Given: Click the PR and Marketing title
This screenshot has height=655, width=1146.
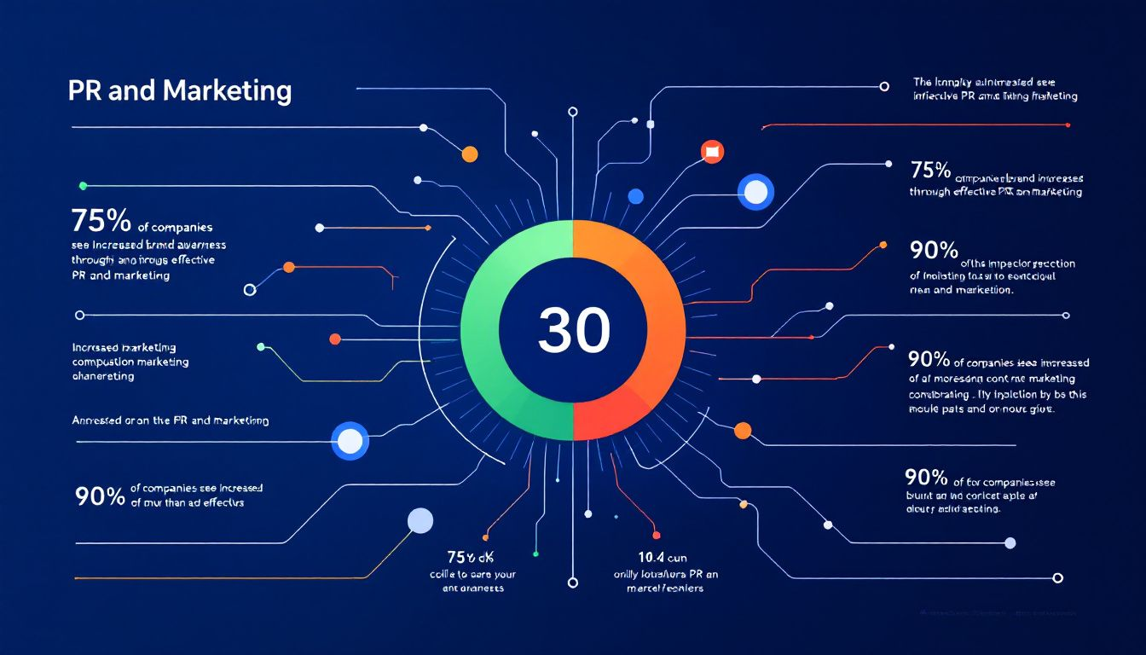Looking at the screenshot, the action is [x=179, y=90].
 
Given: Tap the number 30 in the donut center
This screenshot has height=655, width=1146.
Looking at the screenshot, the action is [x=574, y=331].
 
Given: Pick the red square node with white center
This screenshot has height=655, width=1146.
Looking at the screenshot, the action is [x=711, y=152].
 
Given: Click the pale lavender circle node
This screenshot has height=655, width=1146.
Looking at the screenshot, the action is [x=420, y=520].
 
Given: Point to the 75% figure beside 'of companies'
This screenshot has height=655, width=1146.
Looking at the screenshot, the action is [x=101, y=221].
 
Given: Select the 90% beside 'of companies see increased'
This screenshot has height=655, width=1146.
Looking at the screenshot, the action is [x=100, y=496].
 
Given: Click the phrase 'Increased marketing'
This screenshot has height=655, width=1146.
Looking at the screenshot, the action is [x=124, y=347].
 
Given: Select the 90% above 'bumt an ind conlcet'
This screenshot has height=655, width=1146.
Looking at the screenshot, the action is [x=925, y=476].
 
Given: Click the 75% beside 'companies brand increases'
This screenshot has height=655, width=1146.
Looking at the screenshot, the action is [x=929, y=170].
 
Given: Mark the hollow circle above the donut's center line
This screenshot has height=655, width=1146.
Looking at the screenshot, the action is [x=573, y=111].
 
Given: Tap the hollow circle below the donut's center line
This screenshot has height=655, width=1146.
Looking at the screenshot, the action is [x=573, y=583].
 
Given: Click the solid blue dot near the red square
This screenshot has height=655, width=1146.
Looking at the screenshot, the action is [x=634, y=196].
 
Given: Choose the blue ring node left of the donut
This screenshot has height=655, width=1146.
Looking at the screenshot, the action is [x=350, y=440].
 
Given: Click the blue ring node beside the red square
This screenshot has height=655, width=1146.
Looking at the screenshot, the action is [x=755, y=192].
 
